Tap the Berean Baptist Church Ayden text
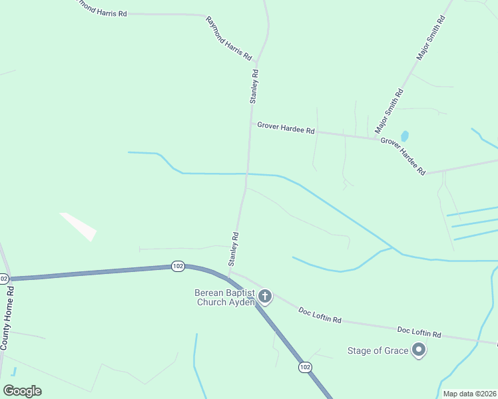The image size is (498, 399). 225,297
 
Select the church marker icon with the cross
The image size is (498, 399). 265,296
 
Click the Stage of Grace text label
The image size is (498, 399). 377,350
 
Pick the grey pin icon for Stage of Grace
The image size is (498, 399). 419,349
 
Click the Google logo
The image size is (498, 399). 22,391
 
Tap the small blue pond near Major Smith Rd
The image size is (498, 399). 404,136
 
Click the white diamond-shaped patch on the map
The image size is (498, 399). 79,226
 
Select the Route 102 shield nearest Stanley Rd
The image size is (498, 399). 177,266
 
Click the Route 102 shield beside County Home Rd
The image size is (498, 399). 3,278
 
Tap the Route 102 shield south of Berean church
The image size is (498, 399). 305,367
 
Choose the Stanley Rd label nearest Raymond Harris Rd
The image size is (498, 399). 254,86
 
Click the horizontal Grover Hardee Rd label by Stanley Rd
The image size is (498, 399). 286,130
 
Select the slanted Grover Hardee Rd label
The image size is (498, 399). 403,156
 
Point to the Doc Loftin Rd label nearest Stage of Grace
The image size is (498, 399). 419,331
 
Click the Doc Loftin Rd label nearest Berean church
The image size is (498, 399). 320,315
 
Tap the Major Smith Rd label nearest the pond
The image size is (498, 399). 389,110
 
